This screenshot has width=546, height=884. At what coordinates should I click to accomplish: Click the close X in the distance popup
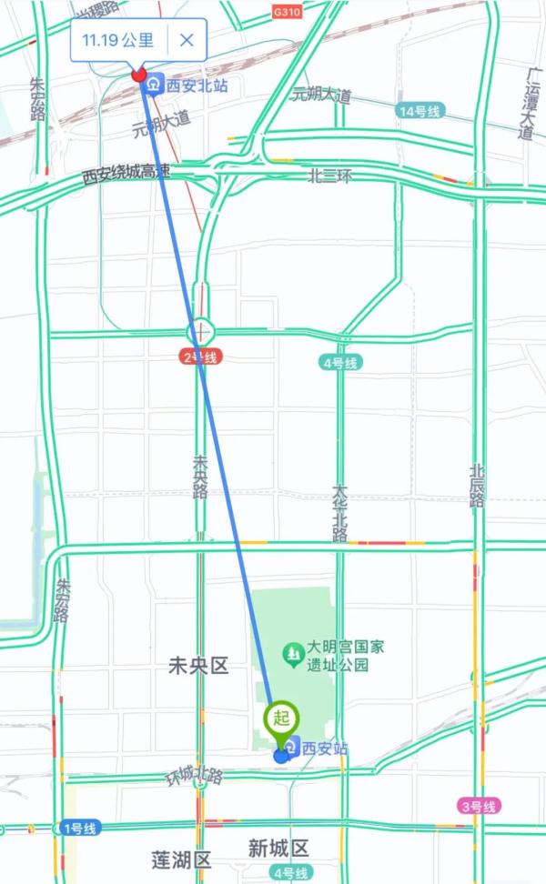pos(187,40)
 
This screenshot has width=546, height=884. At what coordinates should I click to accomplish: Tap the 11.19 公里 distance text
pos(118,40)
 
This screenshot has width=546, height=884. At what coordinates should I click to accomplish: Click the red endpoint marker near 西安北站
pos(138,74)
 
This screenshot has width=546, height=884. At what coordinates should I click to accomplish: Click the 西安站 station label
pos(324,749)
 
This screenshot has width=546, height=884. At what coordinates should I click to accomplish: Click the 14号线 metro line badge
pos(420,111)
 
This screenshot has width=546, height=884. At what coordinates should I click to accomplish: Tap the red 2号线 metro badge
pos(200,358)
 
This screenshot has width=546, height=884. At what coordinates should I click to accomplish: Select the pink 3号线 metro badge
pos(477,806)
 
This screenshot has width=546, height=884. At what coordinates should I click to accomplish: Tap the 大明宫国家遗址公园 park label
pos(345,655)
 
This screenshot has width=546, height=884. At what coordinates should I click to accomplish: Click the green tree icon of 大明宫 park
pos(292,652)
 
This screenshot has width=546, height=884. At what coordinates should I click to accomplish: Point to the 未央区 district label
pos(198,667)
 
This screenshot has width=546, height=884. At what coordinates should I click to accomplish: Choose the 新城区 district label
pos(278,849)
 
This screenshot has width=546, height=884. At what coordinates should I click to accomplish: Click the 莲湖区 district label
pos(181,859)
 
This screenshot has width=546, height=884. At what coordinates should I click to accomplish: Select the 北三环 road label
pos(329,176)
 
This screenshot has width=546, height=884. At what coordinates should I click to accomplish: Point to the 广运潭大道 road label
pos(526,100)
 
